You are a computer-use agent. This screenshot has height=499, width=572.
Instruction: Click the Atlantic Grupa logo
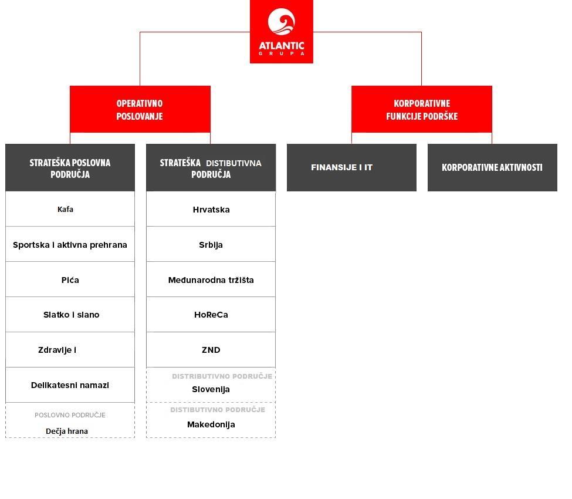pos(282,32)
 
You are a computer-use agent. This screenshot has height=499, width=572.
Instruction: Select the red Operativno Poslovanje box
pos(140,110)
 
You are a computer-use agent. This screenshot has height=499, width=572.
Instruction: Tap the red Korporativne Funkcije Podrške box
pos(421,110)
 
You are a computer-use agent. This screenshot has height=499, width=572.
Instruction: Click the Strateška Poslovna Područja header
pos(70,168)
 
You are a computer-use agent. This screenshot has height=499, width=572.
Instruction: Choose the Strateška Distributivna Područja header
pos(211,168)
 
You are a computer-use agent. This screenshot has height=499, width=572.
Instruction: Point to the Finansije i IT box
pos(351,167)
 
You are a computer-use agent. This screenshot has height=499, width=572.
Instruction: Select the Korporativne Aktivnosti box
pos(492,167)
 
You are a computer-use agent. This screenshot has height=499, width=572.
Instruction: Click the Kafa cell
pos(66,209)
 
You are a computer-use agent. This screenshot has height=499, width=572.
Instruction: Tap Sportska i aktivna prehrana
pos(70,245)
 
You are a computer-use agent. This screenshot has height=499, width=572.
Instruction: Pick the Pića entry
pos(70,280)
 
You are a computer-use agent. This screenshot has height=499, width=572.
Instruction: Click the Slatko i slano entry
pos(71,315)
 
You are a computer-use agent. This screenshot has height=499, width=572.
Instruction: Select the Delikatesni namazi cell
pos(70,385)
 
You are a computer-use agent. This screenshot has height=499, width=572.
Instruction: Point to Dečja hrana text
pos(67,431)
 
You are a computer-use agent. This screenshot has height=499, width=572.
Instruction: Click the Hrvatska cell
pos(211,210)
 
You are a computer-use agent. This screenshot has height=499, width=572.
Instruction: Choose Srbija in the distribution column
pos(211,245)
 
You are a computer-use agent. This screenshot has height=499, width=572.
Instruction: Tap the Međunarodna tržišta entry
pos(211,280)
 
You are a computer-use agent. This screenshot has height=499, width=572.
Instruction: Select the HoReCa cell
pos(211,315)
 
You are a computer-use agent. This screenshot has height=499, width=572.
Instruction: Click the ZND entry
pos(211,350)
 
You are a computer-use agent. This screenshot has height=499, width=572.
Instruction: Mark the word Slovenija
pos(211,389)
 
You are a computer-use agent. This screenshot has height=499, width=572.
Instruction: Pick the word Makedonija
pos(211,424)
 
